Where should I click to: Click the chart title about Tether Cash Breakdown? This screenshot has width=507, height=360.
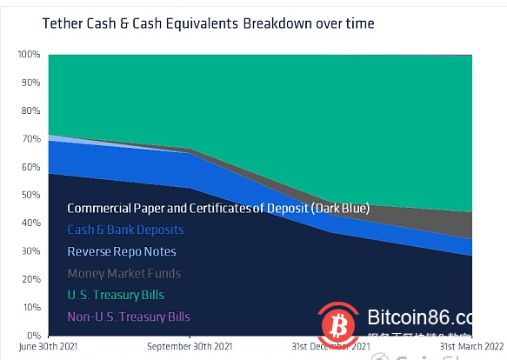point(209,23)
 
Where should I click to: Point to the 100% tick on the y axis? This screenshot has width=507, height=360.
point(29,55)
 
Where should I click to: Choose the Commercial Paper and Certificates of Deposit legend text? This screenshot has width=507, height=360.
point(218,209)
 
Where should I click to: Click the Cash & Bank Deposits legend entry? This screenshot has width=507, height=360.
point(125,230)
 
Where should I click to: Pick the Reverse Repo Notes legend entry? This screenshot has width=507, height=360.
point(122,251)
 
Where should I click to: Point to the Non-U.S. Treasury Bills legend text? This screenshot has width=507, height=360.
point(129,317)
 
